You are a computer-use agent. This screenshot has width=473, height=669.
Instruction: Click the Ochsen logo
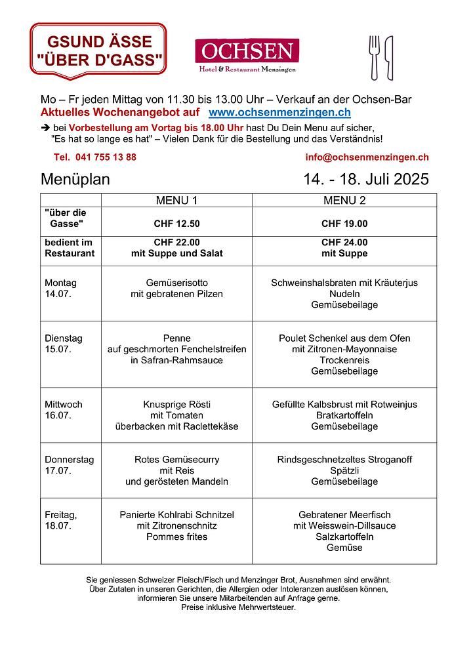click(247, 56)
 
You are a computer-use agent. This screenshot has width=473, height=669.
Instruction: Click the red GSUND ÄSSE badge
click(98, 51)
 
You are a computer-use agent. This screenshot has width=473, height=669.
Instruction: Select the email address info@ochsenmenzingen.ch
click(367, 157)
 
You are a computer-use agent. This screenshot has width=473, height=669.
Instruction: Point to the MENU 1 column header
click(176, 200)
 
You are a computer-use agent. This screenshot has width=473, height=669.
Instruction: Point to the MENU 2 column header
click(344, 200)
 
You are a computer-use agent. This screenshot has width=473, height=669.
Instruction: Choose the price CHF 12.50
click(176, 224)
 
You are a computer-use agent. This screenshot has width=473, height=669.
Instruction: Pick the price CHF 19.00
click(344, 224)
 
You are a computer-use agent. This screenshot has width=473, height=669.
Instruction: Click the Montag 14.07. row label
click(61, 289)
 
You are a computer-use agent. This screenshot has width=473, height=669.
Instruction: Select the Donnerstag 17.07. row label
click(69, 465)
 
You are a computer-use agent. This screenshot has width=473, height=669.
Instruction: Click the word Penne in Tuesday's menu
click(176, 338)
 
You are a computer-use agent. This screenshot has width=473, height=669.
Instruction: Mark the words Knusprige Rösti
click(176, 404)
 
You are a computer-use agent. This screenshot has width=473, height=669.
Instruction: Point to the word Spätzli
click(344, 470)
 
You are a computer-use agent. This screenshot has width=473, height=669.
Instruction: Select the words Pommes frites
click(176, 537)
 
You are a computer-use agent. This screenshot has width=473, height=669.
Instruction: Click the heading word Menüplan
click(75, 179)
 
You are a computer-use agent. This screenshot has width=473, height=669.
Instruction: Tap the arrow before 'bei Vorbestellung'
click(45, 128)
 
